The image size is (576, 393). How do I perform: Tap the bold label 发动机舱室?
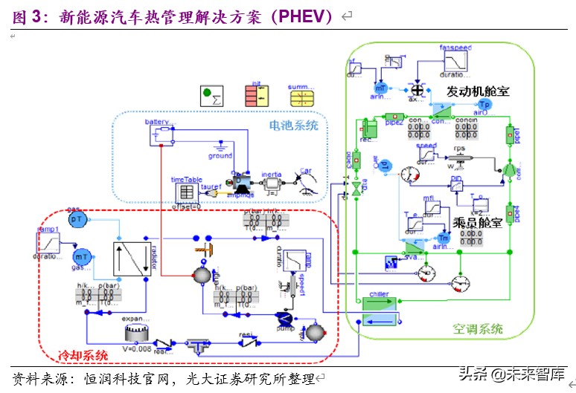478,91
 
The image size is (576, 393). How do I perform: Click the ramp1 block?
48,242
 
